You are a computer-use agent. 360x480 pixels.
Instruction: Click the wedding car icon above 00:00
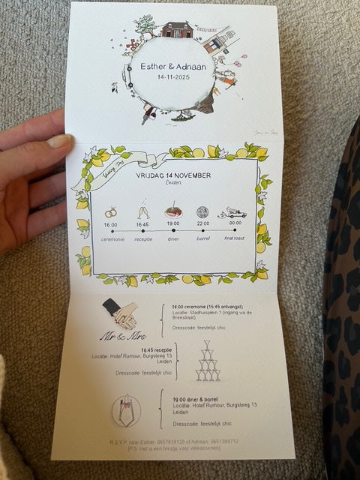pyautogui.click(x=235, y=213)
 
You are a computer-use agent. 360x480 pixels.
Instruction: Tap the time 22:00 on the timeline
pyautogui.click(x=202, y=223)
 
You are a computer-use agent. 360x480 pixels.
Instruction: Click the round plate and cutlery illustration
pyautogui.click(x=125, y=412)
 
